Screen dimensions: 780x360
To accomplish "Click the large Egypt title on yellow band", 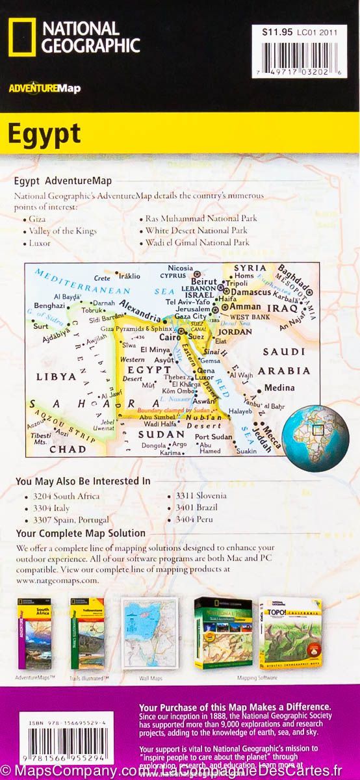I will tap(44, 133).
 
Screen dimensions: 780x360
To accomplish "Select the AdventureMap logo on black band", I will tap(45, 88).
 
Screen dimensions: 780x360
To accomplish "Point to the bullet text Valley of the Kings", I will tap(62, 231).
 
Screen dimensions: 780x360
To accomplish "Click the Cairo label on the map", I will tap(171, 337).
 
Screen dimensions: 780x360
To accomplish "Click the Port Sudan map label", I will tap(213, 436).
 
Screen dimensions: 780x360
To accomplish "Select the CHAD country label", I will tap(68, 449).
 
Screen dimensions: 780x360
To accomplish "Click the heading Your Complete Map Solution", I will tap(81, 533).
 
